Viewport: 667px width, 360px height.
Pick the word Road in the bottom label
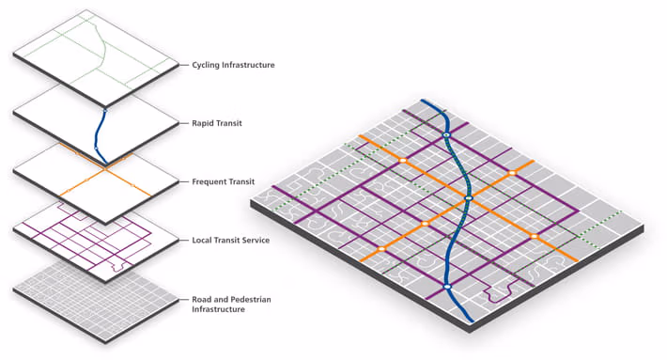click(202, 299)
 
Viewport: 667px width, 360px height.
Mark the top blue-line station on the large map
click(447, 137)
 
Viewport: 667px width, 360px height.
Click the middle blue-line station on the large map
click(467, 199)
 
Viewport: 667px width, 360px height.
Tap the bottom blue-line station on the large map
click(447, 287)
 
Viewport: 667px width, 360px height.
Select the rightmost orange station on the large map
click(534, 235)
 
